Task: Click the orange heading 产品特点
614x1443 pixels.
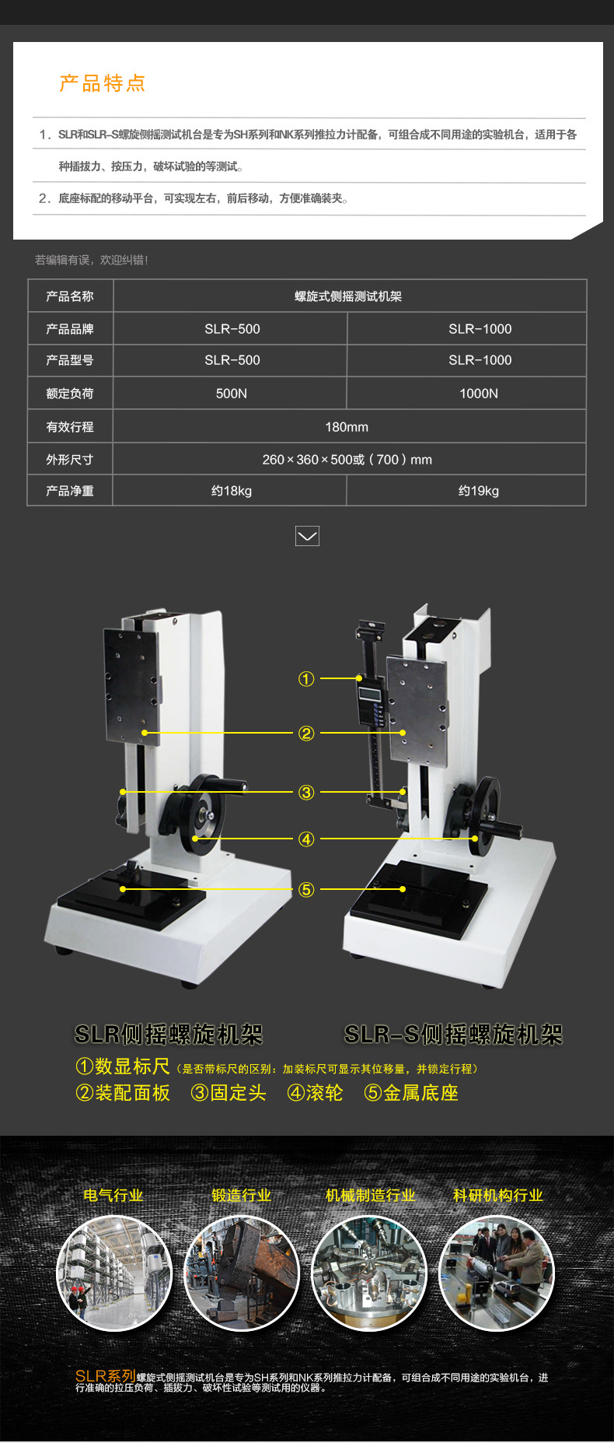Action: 102,83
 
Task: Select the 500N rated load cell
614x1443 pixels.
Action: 231,394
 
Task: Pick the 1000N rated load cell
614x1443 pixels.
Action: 478,394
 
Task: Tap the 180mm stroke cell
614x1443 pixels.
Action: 347,427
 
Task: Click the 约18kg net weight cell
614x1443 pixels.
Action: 231,491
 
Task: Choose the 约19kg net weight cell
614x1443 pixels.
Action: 478,491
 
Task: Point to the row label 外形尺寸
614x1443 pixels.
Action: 69,460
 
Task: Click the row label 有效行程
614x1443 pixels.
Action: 69,427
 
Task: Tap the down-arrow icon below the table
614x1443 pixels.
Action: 308,536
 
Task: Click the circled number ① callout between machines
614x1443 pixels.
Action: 306,679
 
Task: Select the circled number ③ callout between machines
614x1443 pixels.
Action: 306,793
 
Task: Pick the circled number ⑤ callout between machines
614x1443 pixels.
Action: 306,889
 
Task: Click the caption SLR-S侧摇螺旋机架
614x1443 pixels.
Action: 453,1035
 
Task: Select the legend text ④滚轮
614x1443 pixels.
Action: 316,1093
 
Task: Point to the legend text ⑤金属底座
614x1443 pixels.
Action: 411,1093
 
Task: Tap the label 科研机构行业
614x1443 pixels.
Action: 497,1196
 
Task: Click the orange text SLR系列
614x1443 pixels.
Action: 106,1376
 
